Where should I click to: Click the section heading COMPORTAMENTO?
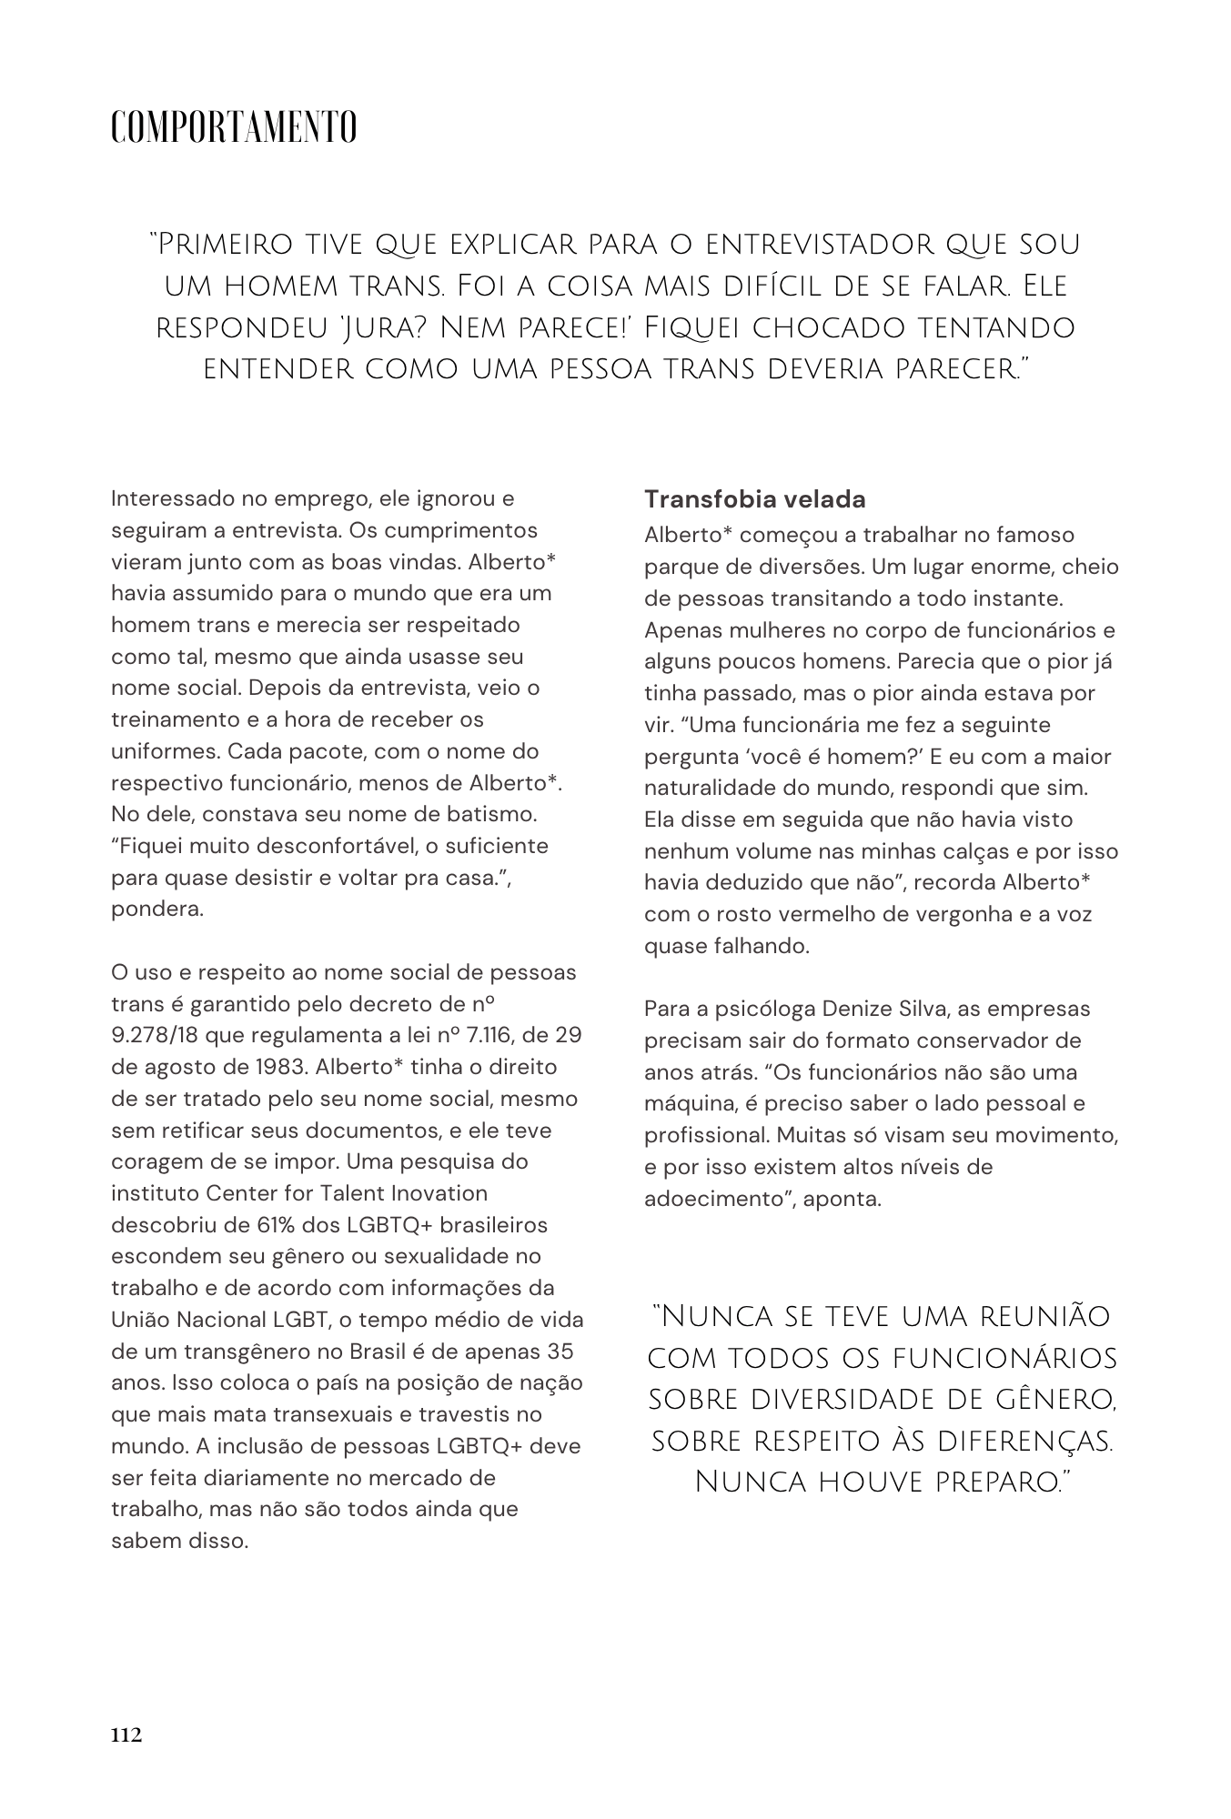click(233, 127)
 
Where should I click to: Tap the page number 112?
click(126, 1735)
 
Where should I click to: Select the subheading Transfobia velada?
click(754, 499)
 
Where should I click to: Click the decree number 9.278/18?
click(158, 1035)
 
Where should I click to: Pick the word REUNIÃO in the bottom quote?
click(1025, 1316)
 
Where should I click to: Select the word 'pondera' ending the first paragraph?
click(156, 909)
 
